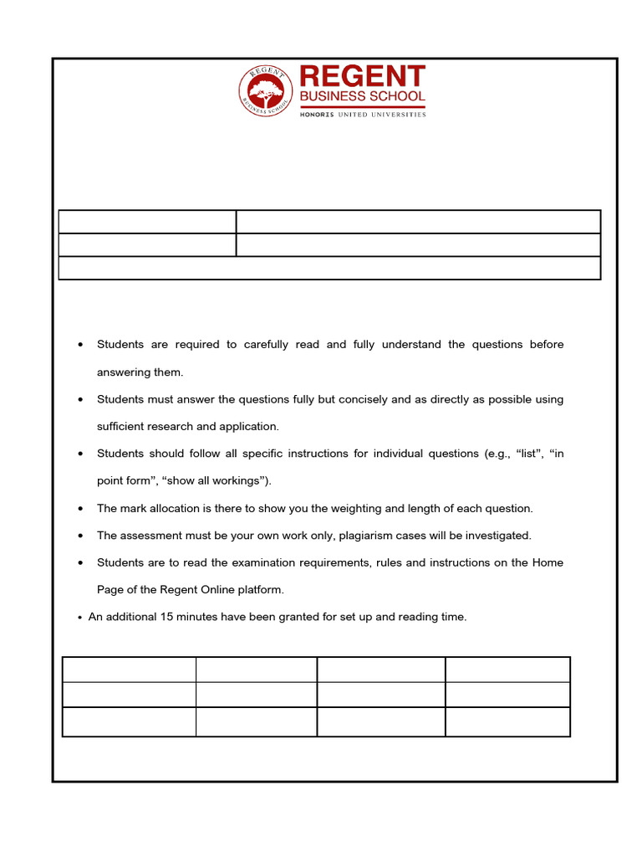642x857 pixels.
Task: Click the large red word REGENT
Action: tap(362, 76)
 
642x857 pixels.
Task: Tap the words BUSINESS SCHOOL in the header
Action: tap(362, 97)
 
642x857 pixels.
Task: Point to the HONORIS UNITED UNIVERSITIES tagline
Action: tap(363, 115)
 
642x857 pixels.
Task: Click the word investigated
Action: tap(496, 536)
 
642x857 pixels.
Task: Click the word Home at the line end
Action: tap(548, 562)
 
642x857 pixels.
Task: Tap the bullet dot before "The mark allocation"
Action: tap(79, 509)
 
